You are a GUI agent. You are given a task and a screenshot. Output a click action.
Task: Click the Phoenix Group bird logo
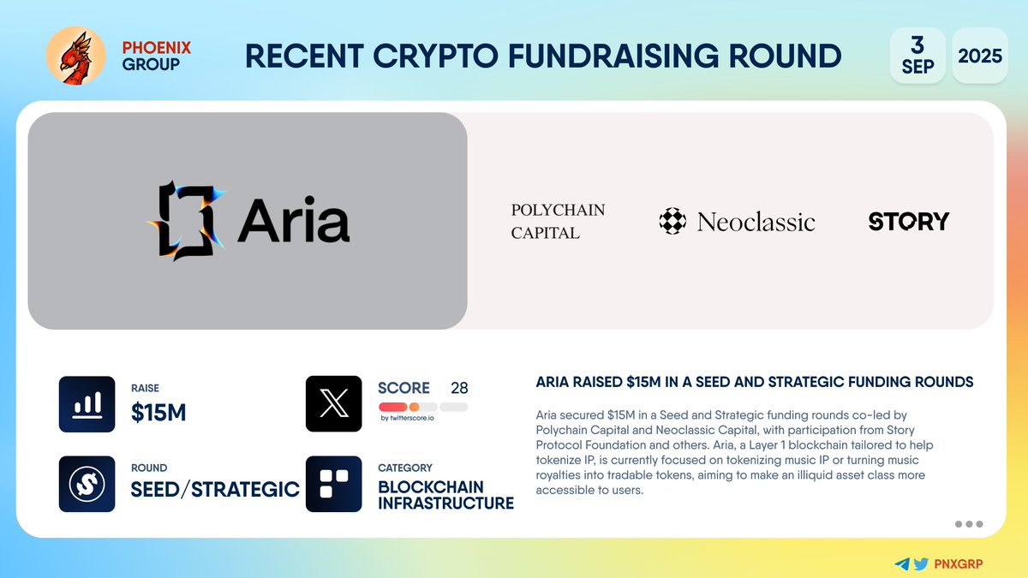[75, 56]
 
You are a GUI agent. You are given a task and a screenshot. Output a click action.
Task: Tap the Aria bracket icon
[185, 221]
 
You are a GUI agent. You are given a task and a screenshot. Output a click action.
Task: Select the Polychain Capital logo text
[558, 221]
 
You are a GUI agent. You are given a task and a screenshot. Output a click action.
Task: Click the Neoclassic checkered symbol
[672, 222]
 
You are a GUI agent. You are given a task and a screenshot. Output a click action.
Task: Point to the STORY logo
[909, 222]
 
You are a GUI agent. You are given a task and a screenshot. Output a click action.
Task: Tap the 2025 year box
[980, 56]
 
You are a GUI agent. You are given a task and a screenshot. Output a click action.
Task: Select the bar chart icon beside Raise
[87, 404]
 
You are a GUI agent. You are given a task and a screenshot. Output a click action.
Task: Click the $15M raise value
[158, 413]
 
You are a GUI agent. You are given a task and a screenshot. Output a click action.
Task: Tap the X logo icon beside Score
[334, 404]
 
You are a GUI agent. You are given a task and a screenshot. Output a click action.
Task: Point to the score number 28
[459, 388]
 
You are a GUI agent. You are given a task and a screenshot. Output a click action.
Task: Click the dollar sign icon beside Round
[87, 484]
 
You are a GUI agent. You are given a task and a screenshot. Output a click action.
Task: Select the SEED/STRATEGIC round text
[215, 489]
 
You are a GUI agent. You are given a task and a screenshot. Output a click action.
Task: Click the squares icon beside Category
[334, 484]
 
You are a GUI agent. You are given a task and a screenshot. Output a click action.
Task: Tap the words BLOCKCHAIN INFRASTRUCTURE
[445, 495]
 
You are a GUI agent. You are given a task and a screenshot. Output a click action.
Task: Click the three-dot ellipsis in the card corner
[968, 524]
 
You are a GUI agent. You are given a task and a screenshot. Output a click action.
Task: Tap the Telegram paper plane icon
[902, 564]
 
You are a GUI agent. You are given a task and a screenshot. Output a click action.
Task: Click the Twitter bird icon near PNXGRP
[921, 564]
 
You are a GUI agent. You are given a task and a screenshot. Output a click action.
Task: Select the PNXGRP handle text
[958, 564]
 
